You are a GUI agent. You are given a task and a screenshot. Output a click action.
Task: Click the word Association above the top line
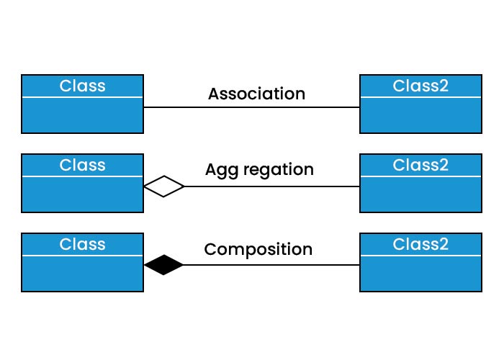256,94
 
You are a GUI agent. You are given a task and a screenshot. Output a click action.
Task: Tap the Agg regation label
259,170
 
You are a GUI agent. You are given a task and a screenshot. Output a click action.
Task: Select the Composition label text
258,250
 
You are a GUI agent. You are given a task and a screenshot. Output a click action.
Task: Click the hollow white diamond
164,186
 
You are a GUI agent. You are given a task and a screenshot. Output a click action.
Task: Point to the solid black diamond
164,265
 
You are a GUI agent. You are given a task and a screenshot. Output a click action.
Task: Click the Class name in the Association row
82,86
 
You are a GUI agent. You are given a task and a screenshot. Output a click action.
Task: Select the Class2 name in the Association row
420,86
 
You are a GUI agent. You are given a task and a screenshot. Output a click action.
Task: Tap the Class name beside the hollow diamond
82,165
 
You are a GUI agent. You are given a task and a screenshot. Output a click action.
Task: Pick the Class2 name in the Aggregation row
420,165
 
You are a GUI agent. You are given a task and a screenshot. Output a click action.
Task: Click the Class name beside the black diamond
82,244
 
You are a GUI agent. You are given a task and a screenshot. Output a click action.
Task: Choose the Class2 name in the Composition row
420,244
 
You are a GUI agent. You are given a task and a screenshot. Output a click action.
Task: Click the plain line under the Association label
252,107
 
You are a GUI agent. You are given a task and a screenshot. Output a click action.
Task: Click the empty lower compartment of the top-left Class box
82,114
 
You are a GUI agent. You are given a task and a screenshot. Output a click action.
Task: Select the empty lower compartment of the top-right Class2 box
420,114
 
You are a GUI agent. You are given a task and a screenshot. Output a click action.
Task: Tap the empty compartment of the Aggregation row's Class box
82,194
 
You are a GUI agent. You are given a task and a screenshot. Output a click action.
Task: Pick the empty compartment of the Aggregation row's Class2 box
420,194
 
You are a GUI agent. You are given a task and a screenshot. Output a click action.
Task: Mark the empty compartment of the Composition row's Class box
82,274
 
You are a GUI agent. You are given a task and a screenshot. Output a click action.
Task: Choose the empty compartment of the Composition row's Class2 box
420,274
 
